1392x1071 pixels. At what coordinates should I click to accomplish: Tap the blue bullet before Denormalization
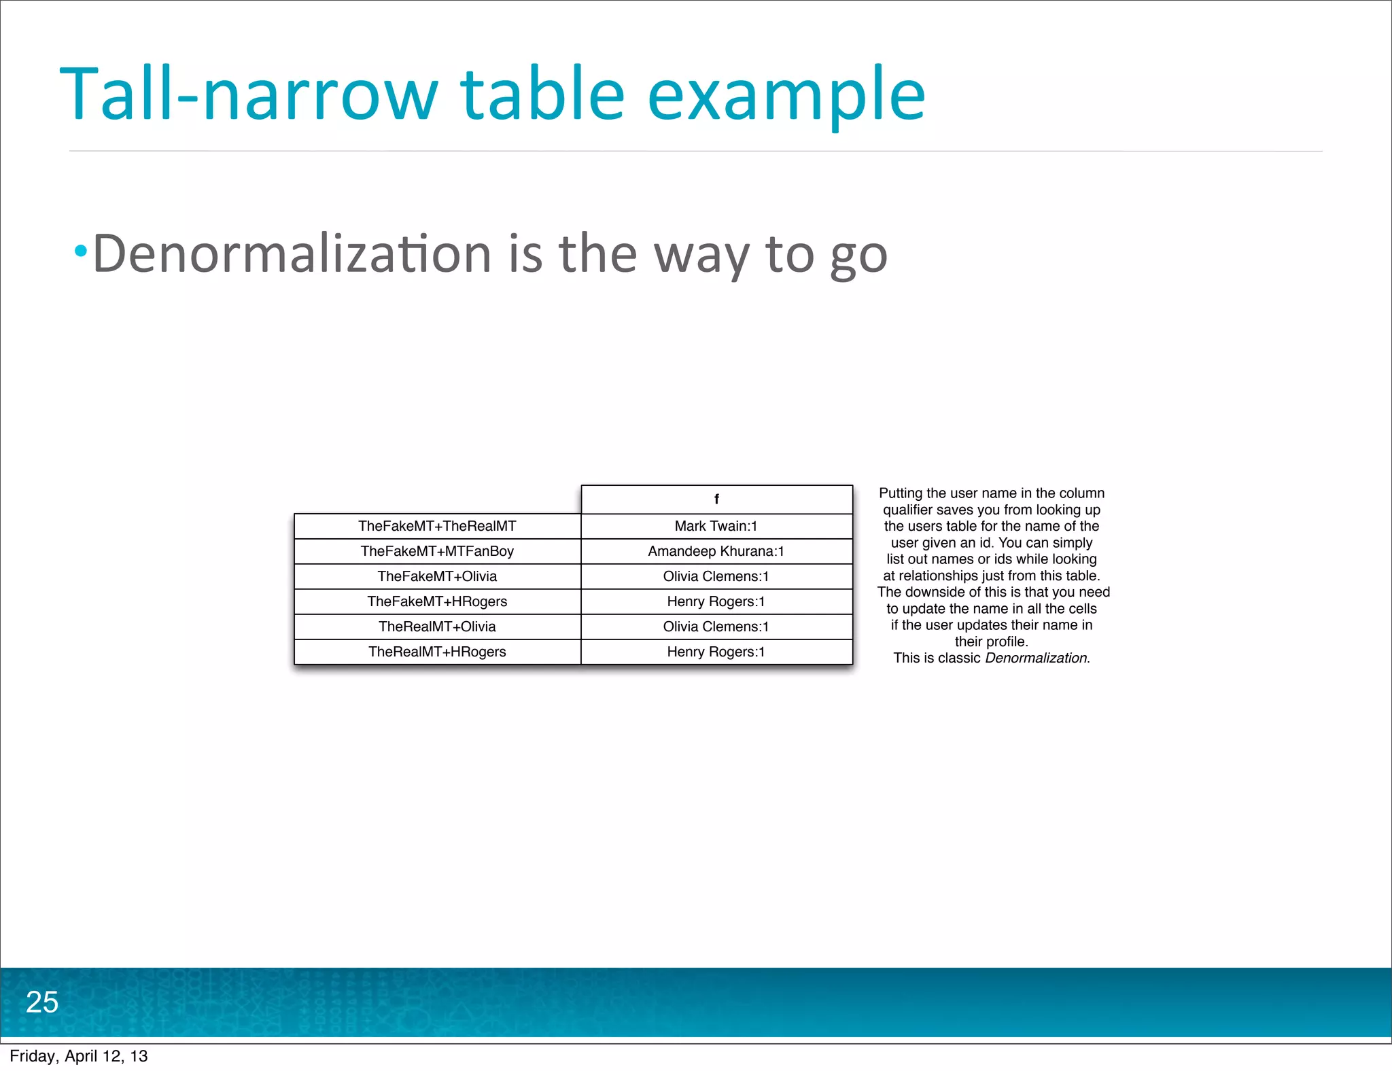(81, 251)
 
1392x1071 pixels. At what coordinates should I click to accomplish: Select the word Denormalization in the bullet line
(292, 253)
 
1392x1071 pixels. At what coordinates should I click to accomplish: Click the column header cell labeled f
(716, 499)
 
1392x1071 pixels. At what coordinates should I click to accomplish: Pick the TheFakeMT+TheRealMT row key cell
(437, 526)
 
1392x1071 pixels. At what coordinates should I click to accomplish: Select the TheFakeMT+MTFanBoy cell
(437, 551)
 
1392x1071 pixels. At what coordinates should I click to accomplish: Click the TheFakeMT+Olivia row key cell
(437, 576)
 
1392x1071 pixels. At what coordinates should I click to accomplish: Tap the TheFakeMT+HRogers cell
(437, 601)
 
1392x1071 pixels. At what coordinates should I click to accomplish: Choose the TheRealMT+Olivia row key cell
(437, 627)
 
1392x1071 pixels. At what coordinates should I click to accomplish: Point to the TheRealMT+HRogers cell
(437, 652)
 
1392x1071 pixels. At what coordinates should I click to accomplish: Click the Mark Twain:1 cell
(716, 526)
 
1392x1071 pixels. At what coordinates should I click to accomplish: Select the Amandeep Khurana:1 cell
(716, 551)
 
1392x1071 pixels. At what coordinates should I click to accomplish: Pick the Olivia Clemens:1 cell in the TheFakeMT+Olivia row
(716, 576)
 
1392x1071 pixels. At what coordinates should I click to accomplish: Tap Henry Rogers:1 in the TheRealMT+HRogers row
(716, 652)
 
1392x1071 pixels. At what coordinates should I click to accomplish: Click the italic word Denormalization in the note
(1036, 658)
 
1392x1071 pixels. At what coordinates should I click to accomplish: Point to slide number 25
(42, 1002)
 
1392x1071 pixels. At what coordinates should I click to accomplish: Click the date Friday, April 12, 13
(79, 1056)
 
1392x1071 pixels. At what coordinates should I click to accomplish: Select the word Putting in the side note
(900, 493)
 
